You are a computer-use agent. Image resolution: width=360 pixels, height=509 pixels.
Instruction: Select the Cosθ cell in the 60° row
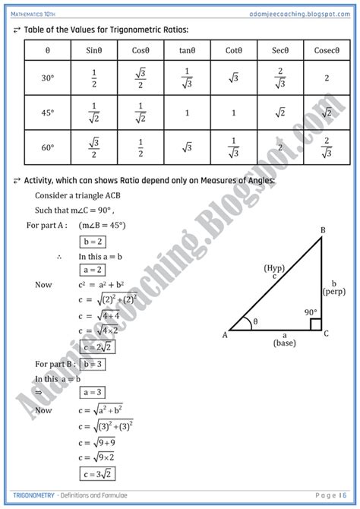click(x=139, y=147)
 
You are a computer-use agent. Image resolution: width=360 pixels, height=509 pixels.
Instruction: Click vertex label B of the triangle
click(x=323, y=230)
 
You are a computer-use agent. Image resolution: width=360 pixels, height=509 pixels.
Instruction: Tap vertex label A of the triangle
click(x=225, y=335)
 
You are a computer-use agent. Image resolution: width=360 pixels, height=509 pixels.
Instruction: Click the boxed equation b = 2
click(x=93, y=242)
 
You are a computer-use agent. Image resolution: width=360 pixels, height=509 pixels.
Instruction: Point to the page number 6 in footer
click(x=343, y=497)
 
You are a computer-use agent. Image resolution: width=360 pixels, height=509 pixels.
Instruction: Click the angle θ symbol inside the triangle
click(x=254, y=322)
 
